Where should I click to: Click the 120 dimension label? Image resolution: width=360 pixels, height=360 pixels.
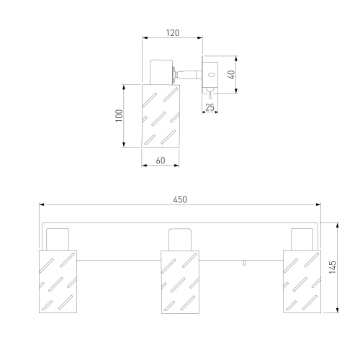173,33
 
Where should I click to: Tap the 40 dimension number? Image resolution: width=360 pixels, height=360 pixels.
231,75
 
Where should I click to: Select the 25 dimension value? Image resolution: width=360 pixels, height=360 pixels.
210,107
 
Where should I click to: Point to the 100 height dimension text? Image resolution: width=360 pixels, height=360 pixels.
119,116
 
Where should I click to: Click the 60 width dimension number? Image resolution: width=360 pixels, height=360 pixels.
161,161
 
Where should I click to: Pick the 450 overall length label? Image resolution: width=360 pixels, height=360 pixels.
180,199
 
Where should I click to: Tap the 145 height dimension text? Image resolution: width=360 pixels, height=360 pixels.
333,267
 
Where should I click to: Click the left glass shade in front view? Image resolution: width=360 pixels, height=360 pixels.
58,282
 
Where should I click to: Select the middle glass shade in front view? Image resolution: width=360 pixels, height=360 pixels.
180,282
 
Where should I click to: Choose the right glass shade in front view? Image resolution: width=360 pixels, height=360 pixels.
302,282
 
